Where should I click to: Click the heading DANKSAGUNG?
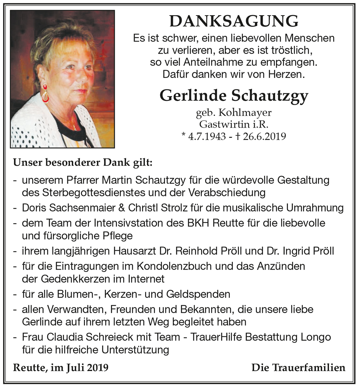coord(234,21)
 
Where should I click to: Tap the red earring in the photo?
coord(46,93)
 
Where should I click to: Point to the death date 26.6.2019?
coord(264,136)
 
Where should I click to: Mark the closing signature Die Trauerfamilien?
coord(298,368)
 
